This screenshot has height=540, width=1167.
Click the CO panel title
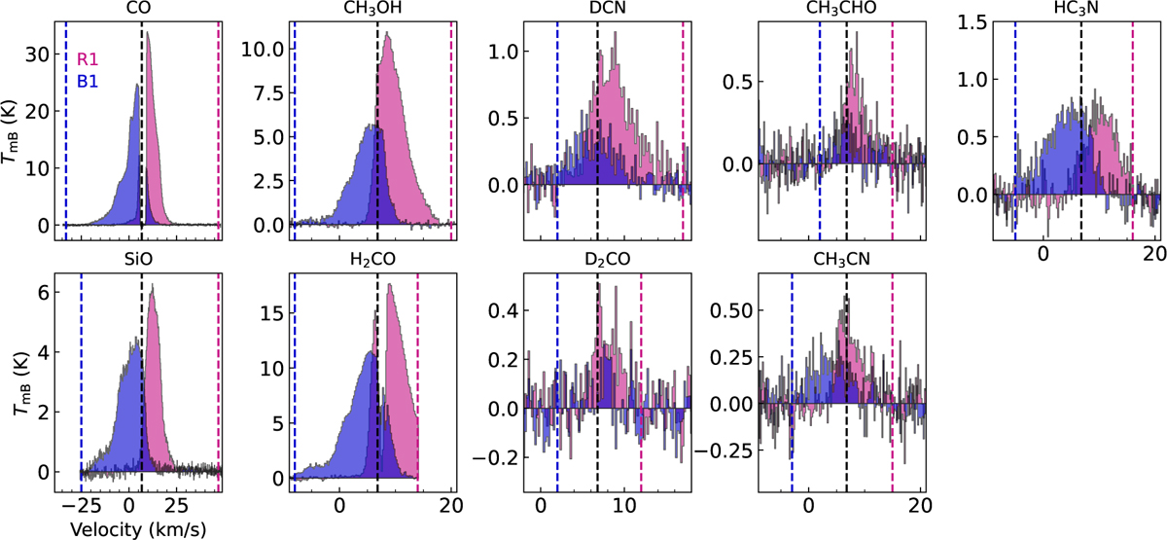click(138, 9)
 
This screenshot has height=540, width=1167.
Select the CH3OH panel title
click(371, 10)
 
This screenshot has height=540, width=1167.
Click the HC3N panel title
click(1074, 10)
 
